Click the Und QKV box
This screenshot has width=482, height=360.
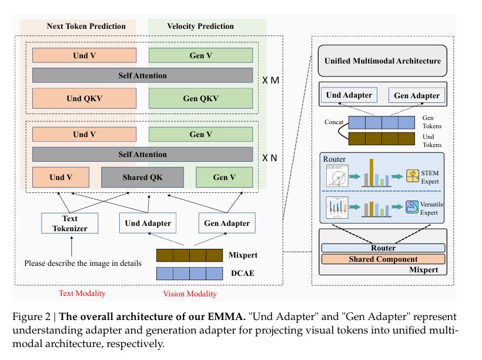[x=84, y=98]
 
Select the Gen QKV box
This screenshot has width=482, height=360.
[x=200, y=98]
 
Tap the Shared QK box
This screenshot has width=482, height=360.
[x=143, y=177]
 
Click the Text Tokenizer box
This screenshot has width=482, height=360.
[x=69, y=223]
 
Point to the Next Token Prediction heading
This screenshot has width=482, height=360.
[x=86, y=26]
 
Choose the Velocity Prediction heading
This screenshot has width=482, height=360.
[x=200, y=26]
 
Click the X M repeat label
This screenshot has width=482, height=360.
[x=270, y=79]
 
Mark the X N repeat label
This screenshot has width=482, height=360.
[x=270, y=158]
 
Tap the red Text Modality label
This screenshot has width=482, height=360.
[x=82, y=293]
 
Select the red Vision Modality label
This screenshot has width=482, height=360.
[x=189, y=294]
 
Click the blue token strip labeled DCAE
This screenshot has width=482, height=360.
[x=189, y=274]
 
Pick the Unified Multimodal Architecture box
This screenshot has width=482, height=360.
[x=383, y=61]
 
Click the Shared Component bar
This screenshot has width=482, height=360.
[x=383, y=259]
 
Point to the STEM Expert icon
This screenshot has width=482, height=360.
[x=413, y=175]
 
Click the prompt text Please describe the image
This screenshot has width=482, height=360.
[x=82, y=263]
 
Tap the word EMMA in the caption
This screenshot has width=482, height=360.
[x=231, y=316]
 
